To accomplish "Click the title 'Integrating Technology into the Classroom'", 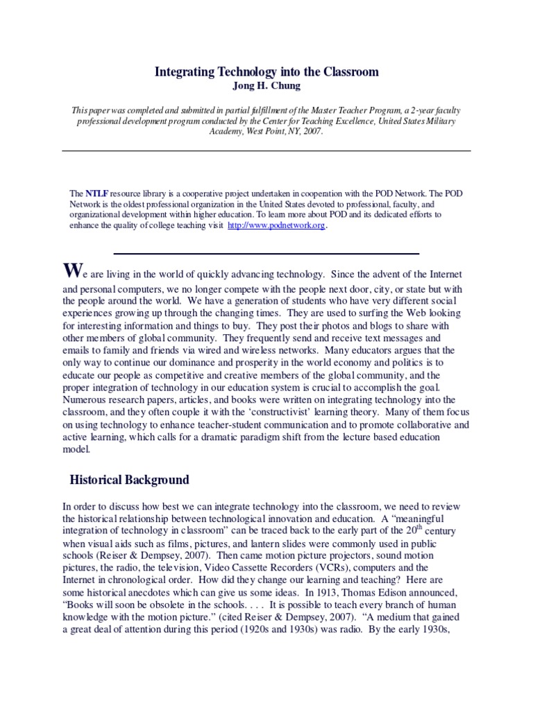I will [266, 72].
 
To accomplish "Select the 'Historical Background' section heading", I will [130, 479].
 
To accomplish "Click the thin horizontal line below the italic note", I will [266, 150].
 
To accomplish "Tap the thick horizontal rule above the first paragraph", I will [266, 253].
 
